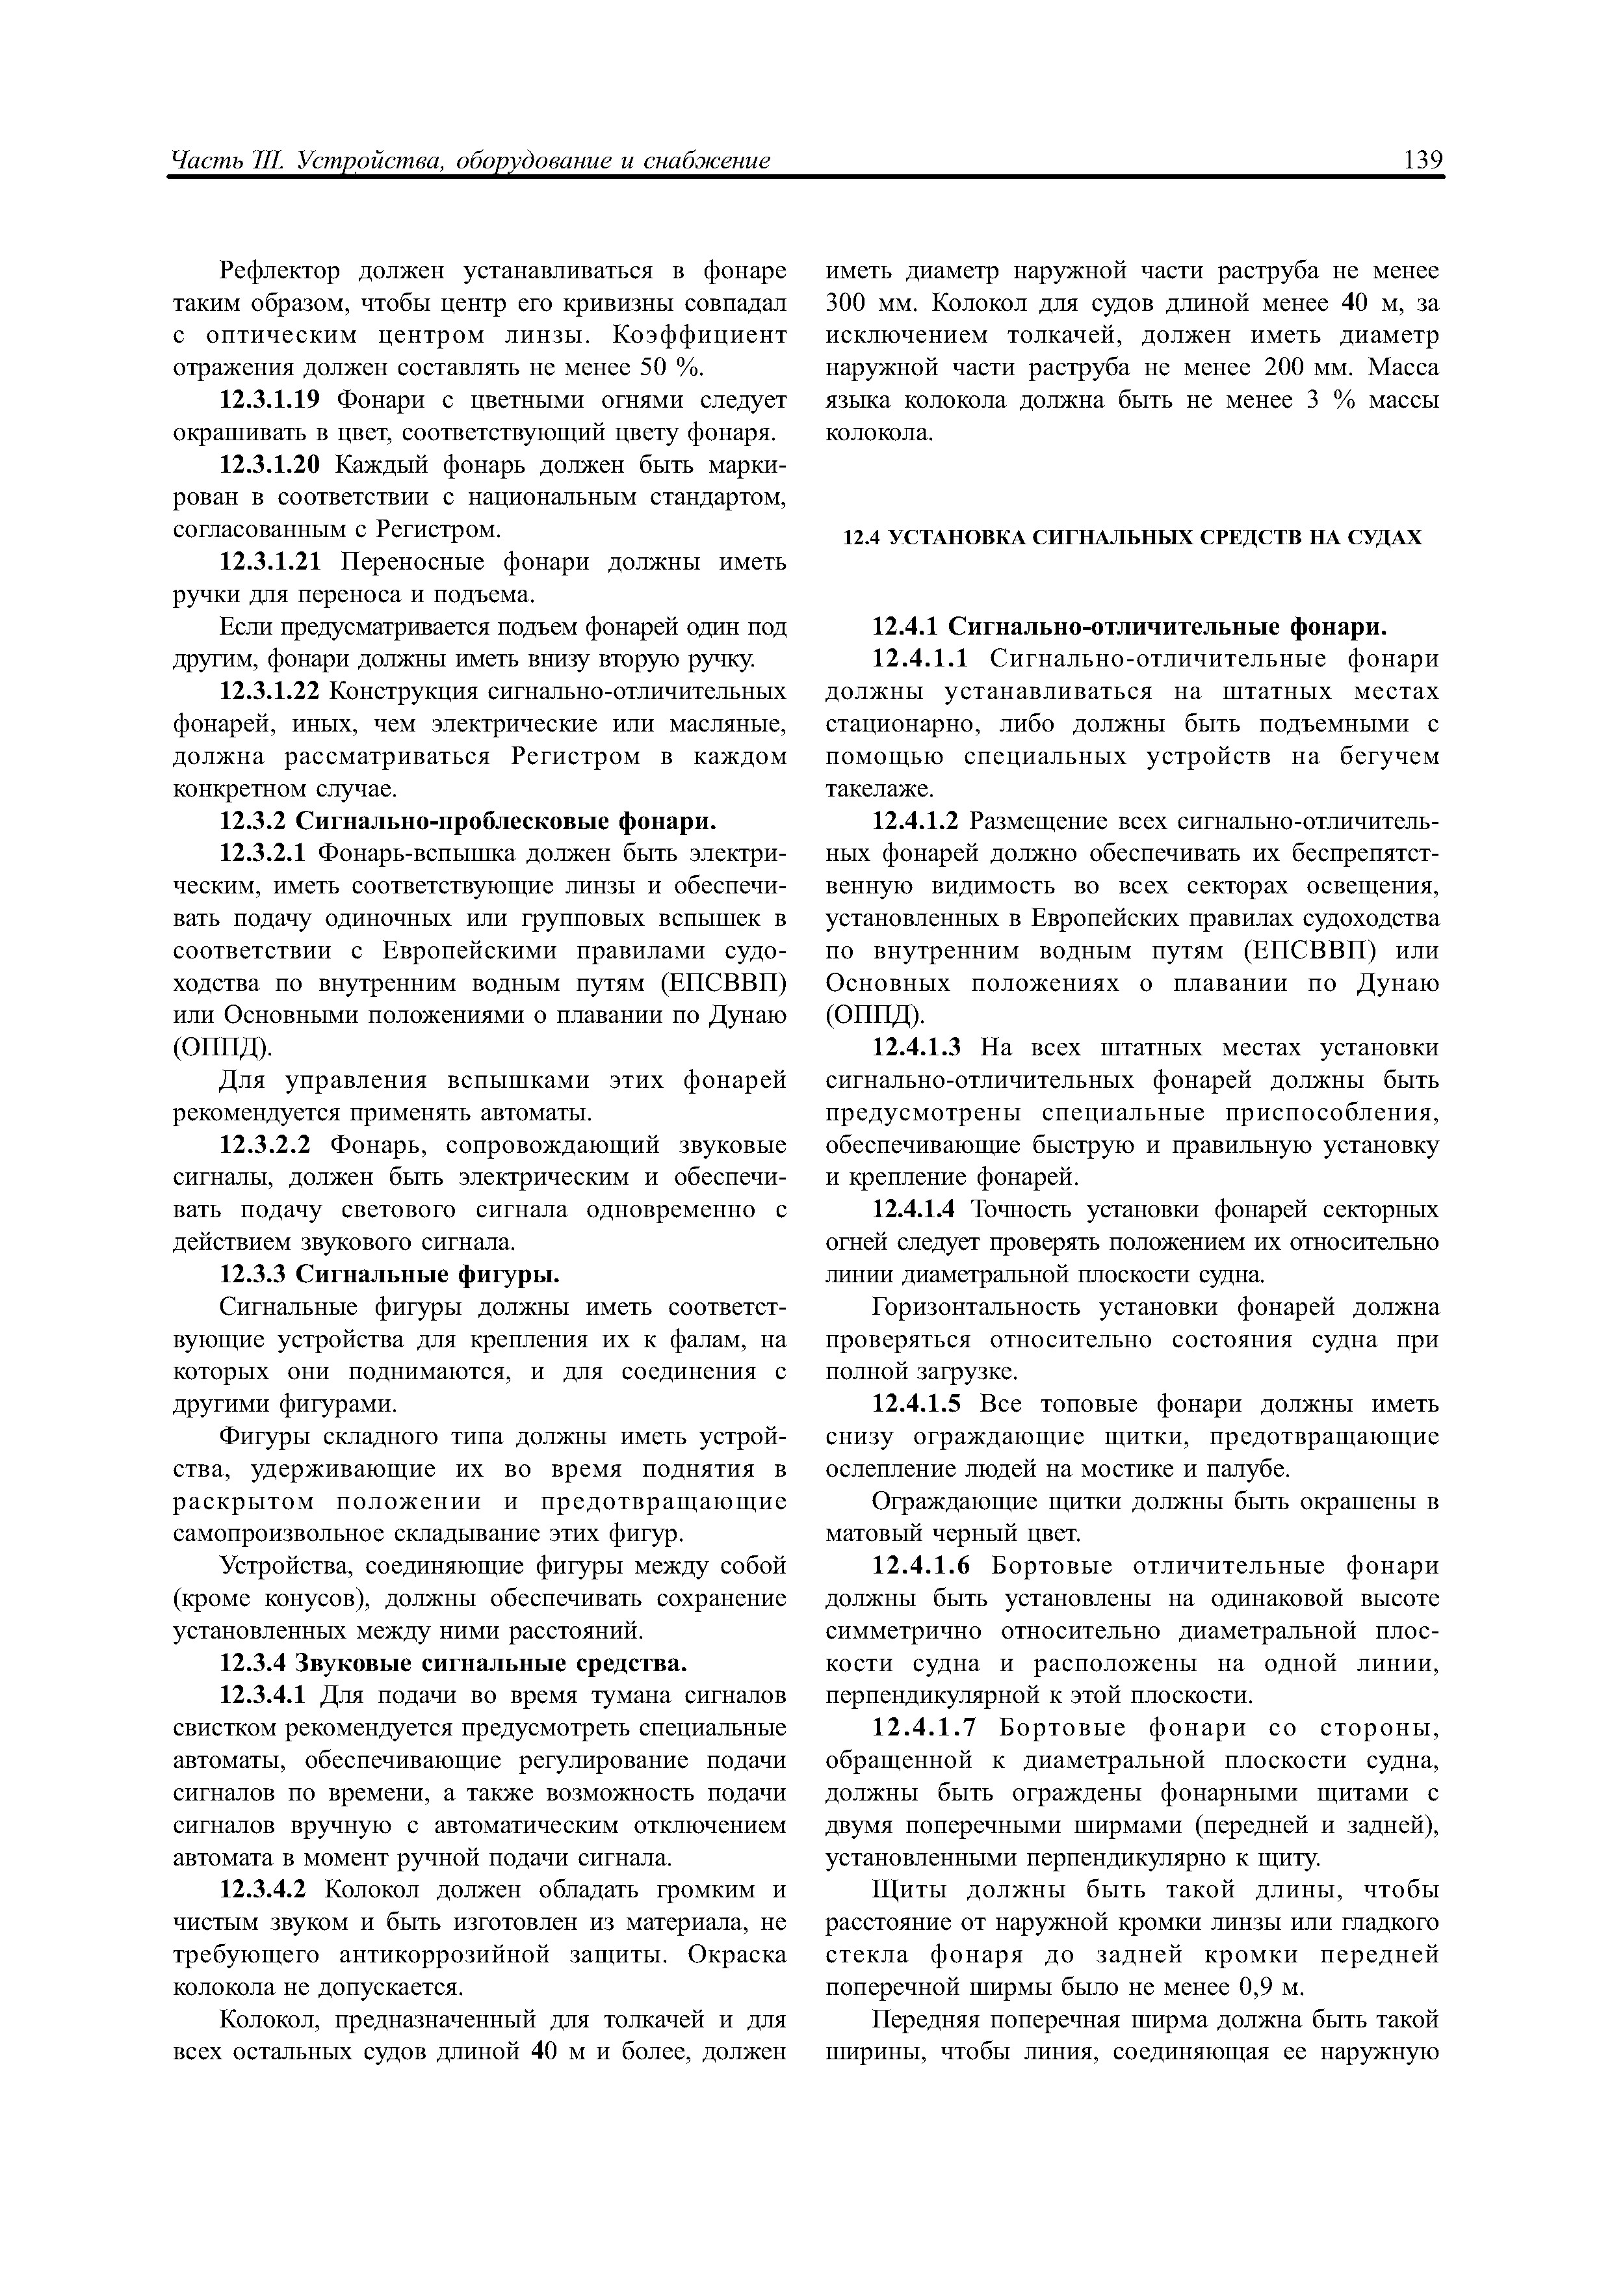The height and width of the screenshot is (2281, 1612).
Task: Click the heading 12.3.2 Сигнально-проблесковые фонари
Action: (467, 822)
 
